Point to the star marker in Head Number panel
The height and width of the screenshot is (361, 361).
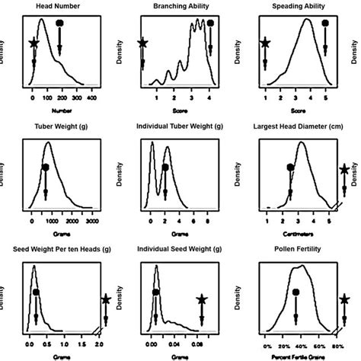click(x=33, y=43)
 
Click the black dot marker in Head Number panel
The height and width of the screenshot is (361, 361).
click(x=61, y=24)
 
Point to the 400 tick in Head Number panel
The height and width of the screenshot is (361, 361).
click(x=92, y=98)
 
